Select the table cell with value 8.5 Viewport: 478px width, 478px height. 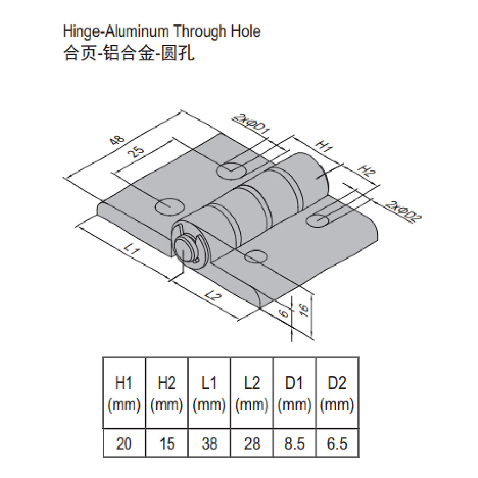click(295, 443)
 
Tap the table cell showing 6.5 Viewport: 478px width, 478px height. click(337, 443)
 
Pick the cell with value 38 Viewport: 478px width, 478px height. click(209, 443)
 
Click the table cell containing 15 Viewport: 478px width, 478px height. click(166, 443)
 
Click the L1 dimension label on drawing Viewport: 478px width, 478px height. click(132, 250)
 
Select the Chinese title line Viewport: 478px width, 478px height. click(129, 54)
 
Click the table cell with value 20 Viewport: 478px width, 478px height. click(123, 443)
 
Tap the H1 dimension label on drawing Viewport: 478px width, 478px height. click(324, 147)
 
